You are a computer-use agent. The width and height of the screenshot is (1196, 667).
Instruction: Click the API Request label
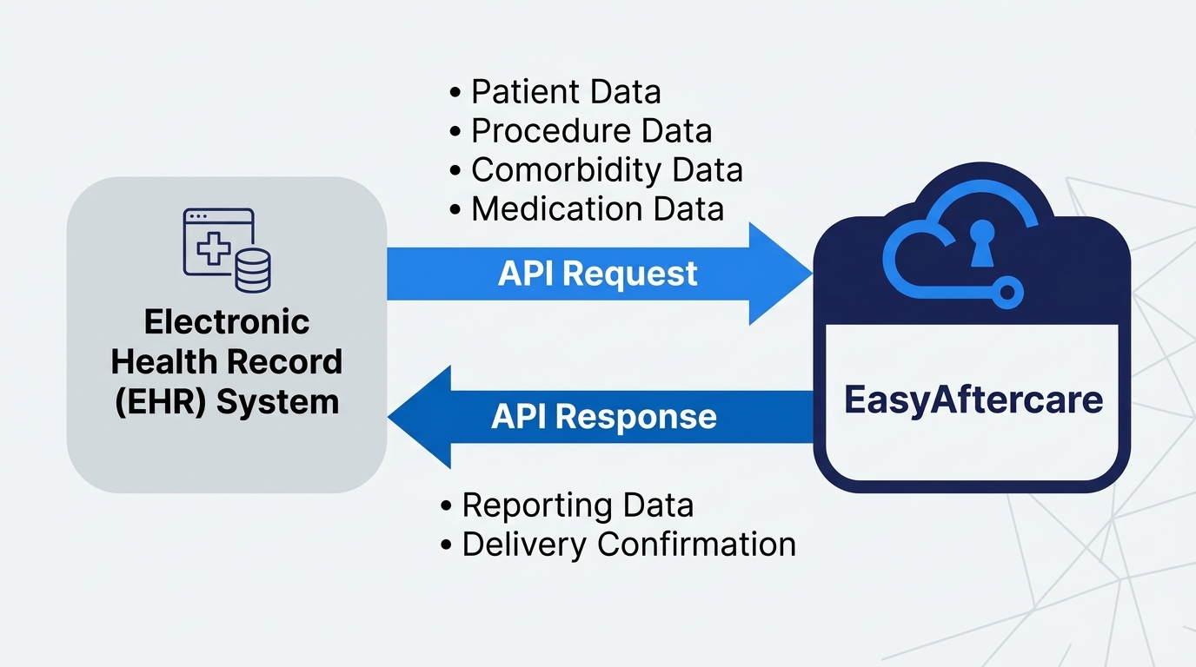[597, 274]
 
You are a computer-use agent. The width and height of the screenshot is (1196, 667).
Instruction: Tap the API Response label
[604, 417]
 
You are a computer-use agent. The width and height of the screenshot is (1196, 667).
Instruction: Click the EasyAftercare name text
[973, 400]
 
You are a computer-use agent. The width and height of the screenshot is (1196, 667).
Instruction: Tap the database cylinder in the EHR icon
[253, 268]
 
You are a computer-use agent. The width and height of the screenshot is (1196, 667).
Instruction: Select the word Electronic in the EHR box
[227, 322]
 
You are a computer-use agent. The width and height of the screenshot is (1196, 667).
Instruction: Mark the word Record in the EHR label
[292, 362]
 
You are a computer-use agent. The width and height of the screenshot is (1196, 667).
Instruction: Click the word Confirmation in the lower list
[697, 545]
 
